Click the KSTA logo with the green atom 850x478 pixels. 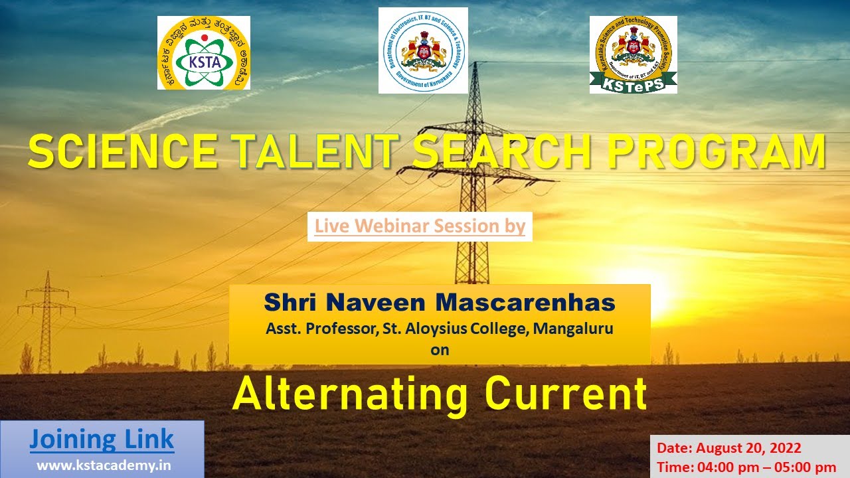(x=204, y=53)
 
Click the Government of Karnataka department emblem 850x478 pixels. (x=423, y=50)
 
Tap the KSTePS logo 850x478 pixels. (x=633, y=54)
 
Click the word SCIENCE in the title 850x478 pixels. (x=123, y=151)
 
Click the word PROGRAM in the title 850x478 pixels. (x=713, y=151)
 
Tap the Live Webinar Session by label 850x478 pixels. (x=420, y=226)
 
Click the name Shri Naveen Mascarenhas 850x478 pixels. (x=440, y=303)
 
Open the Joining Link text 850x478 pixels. (x=102, y=439)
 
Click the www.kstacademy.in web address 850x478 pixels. (x=104, y=465)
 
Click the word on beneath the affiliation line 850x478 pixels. (x=440, y=350)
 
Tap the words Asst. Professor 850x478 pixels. (x=317, y=328)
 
